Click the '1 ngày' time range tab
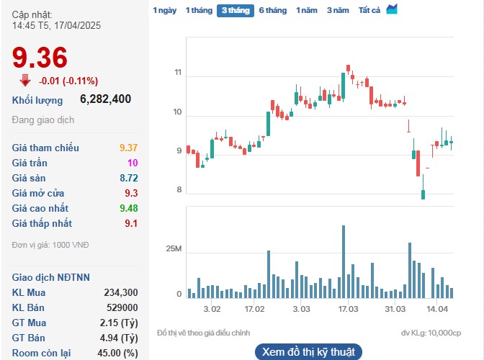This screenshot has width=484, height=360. [x=164, y=11]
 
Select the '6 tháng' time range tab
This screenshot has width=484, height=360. [x=272, y=11]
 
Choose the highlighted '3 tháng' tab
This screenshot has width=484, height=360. [x=236, y=11]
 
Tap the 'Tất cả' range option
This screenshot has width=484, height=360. [x=369, y=11]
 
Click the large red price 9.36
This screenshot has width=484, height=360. [x=40, y=58]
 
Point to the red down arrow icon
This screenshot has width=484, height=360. [x=25, y=80]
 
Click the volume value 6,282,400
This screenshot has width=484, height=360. [x=105, y=99]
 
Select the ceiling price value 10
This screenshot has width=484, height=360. [x=132, y=163]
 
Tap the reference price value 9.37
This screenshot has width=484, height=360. [x=127, y=148]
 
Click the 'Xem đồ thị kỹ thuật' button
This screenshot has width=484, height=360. [x=308, y=352]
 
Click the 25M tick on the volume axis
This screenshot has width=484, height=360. [x=174, y=249]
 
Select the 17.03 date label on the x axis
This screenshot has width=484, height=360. [x=348, y=309]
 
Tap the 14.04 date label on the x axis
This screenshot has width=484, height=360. [x=437, y=309]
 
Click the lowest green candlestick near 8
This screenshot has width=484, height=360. [x=423, y=194]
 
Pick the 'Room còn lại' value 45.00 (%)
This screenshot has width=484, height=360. [x=117, y=353]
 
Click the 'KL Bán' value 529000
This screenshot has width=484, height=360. [x=121, y=307]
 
